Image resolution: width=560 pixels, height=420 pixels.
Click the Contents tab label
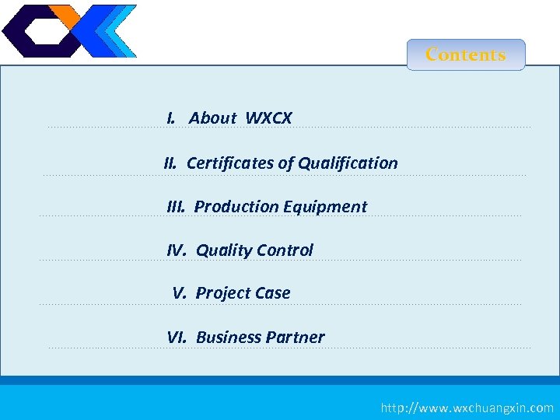coord(466,54)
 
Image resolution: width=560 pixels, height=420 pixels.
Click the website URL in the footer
coord(467,408)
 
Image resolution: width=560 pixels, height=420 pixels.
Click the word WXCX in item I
coord(268,118)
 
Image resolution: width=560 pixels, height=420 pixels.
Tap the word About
coord(212,118)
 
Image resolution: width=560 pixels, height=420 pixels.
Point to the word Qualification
coord(348,163)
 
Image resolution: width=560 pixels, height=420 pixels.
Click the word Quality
coord(224,250)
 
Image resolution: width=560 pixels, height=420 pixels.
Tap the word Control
coord(285,250)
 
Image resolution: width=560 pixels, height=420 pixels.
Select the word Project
coord(222,293)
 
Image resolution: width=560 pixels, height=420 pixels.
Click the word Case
coord(271,293)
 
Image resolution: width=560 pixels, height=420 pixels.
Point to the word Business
coord(229,338)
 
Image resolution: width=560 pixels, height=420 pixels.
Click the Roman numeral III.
coord(177,207)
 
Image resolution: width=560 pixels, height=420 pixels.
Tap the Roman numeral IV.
coord(177,250)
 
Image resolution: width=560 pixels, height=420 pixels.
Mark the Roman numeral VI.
coord(177,338)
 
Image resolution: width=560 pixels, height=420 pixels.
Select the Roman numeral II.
coord(171,163)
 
